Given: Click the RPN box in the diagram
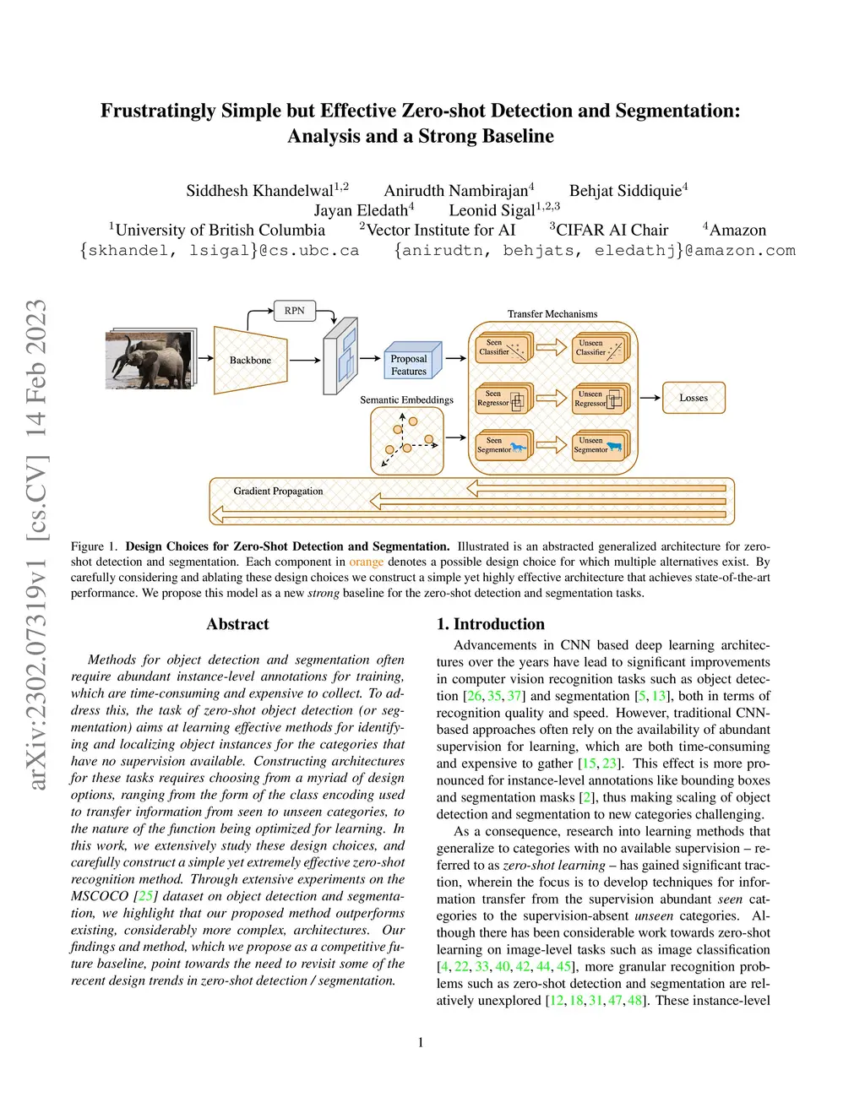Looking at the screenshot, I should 294,311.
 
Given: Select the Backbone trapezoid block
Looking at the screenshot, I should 250,360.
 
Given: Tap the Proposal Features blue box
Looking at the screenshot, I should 410,363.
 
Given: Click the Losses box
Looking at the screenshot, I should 694,398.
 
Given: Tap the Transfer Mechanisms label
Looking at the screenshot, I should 552,314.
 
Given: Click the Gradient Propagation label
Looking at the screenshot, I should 278,491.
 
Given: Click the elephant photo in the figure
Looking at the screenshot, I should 150,360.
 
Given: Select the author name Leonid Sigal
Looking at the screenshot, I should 492,210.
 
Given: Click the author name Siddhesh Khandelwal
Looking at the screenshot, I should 260,191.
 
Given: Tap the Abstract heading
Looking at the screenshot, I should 237,624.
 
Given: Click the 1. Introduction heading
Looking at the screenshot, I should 490,624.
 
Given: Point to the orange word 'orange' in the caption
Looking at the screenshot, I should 366,562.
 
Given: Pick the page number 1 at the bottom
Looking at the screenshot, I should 421,1042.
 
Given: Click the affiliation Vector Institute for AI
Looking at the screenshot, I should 440,230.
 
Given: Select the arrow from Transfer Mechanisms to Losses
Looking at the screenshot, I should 650,398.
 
